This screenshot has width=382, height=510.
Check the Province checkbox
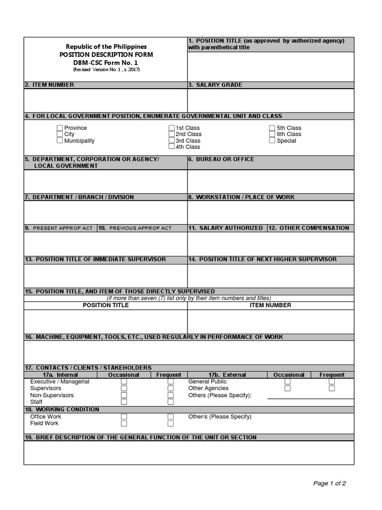click(x=60, y=128)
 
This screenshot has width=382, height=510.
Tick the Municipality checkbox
click(x=60, y=140)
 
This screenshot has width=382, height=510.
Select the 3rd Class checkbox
click(x=172, y=140)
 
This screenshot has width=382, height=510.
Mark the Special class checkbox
click(x=272, y=140)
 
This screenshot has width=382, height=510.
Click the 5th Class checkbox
click(x=272, y=128)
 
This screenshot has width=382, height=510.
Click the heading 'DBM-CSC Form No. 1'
click(x=106, y=62)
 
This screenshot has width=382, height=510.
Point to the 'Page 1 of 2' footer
click(x=329, y=483)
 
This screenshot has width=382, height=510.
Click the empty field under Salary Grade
click(x=271, y=101)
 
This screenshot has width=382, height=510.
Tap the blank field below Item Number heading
click(x=105, y=101)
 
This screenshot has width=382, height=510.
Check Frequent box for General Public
click(x=332, y=382)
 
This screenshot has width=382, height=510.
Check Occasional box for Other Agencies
click(x=287, y=388)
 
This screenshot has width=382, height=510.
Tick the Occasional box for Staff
click(x=124, y=402)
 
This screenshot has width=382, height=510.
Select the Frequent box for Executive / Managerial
click(x=171, y=382)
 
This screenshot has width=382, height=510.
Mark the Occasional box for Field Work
click(x=124, y=423)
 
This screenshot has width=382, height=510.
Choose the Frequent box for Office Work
click(x=171, y=416)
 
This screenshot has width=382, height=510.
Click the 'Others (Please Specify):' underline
click(x=310, y=398)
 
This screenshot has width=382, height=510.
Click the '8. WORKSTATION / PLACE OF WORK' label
click(x=241, y=197)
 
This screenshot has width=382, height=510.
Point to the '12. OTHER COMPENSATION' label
click(x=309, y=228)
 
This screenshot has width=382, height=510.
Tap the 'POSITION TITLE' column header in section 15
click(x=105, y=305)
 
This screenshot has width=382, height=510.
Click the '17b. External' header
click(x=227, y=375)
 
